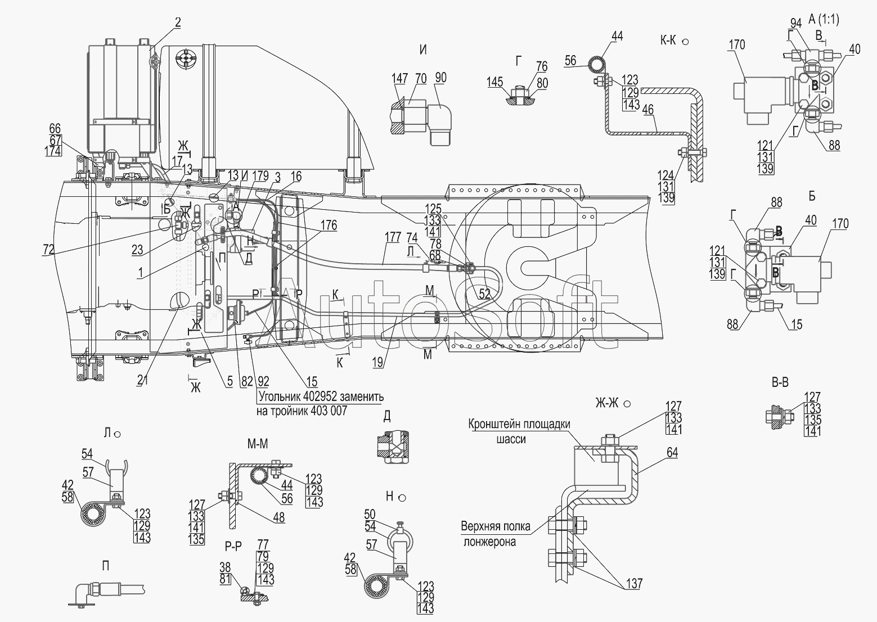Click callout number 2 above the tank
(x=178, y=22)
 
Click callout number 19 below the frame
(x=379, y=363)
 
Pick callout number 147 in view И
(x=399, y=78)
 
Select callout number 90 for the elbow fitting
(x=440, y=78)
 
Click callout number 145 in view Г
(x=495, y=82)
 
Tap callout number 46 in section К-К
(x=648, y=110)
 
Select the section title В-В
(x=780, y=383)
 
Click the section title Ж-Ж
(x=608, y=403)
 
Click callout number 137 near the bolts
(x=634, y=584)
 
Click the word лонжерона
(x=489, y=542)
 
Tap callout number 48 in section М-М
(x=278, y=518)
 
